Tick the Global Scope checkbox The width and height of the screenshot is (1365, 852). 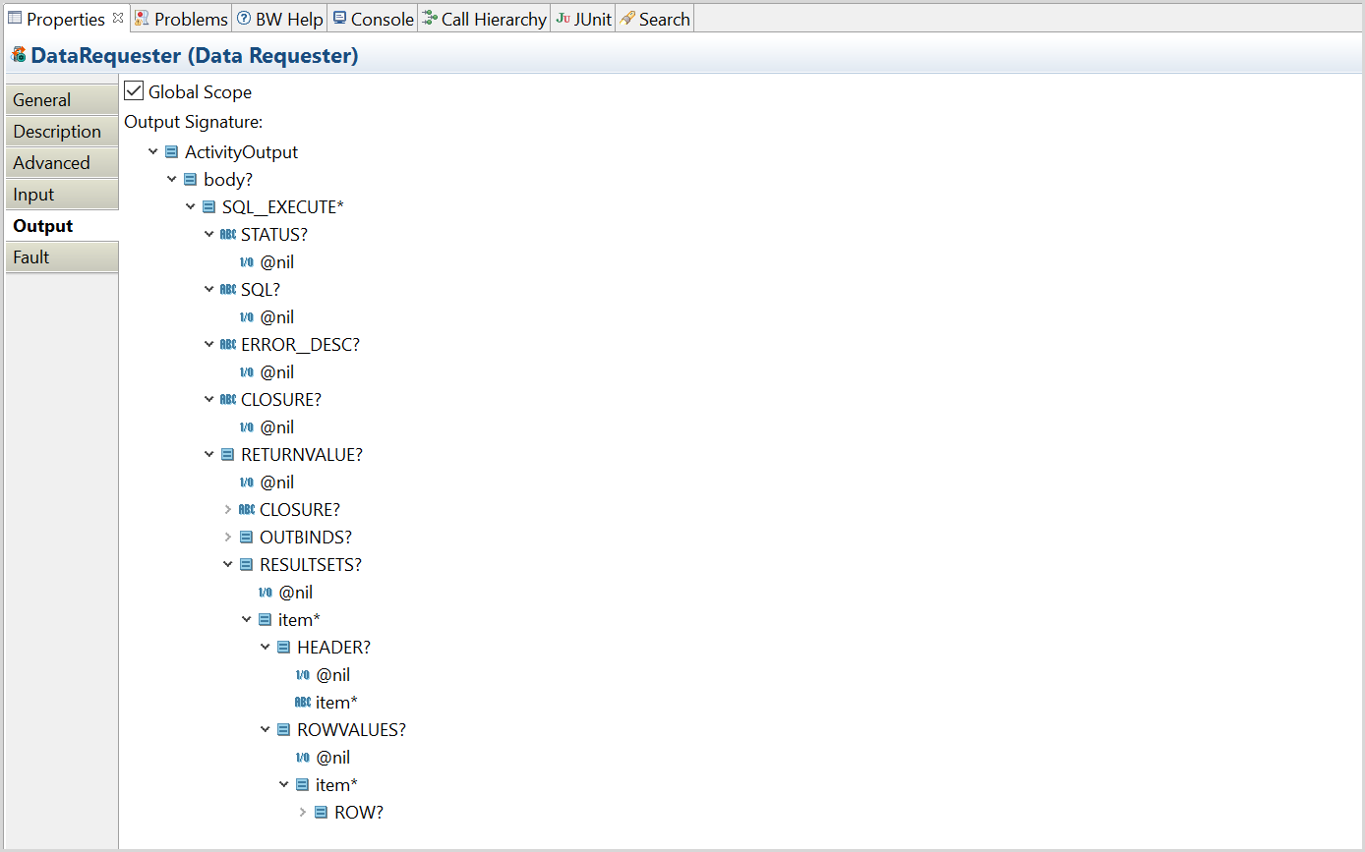point(134,91)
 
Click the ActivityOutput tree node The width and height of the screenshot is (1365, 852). point(241,152)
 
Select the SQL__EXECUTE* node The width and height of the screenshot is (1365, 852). point(282,207)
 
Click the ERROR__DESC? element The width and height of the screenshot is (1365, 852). point(300,345)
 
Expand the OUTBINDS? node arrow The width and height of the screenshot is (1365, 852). point(228,538)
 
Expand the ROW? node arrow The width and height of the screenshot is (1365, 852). point(303,813)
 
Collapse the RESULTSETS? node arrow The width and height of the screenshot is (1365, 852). point(228,565)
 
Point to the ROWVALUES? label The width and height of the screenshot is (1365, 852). point(351,730)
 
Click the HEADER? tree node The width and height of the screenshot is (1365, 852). point(333,648)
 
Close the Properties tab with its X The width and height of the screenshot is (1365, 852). point(118,18)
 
